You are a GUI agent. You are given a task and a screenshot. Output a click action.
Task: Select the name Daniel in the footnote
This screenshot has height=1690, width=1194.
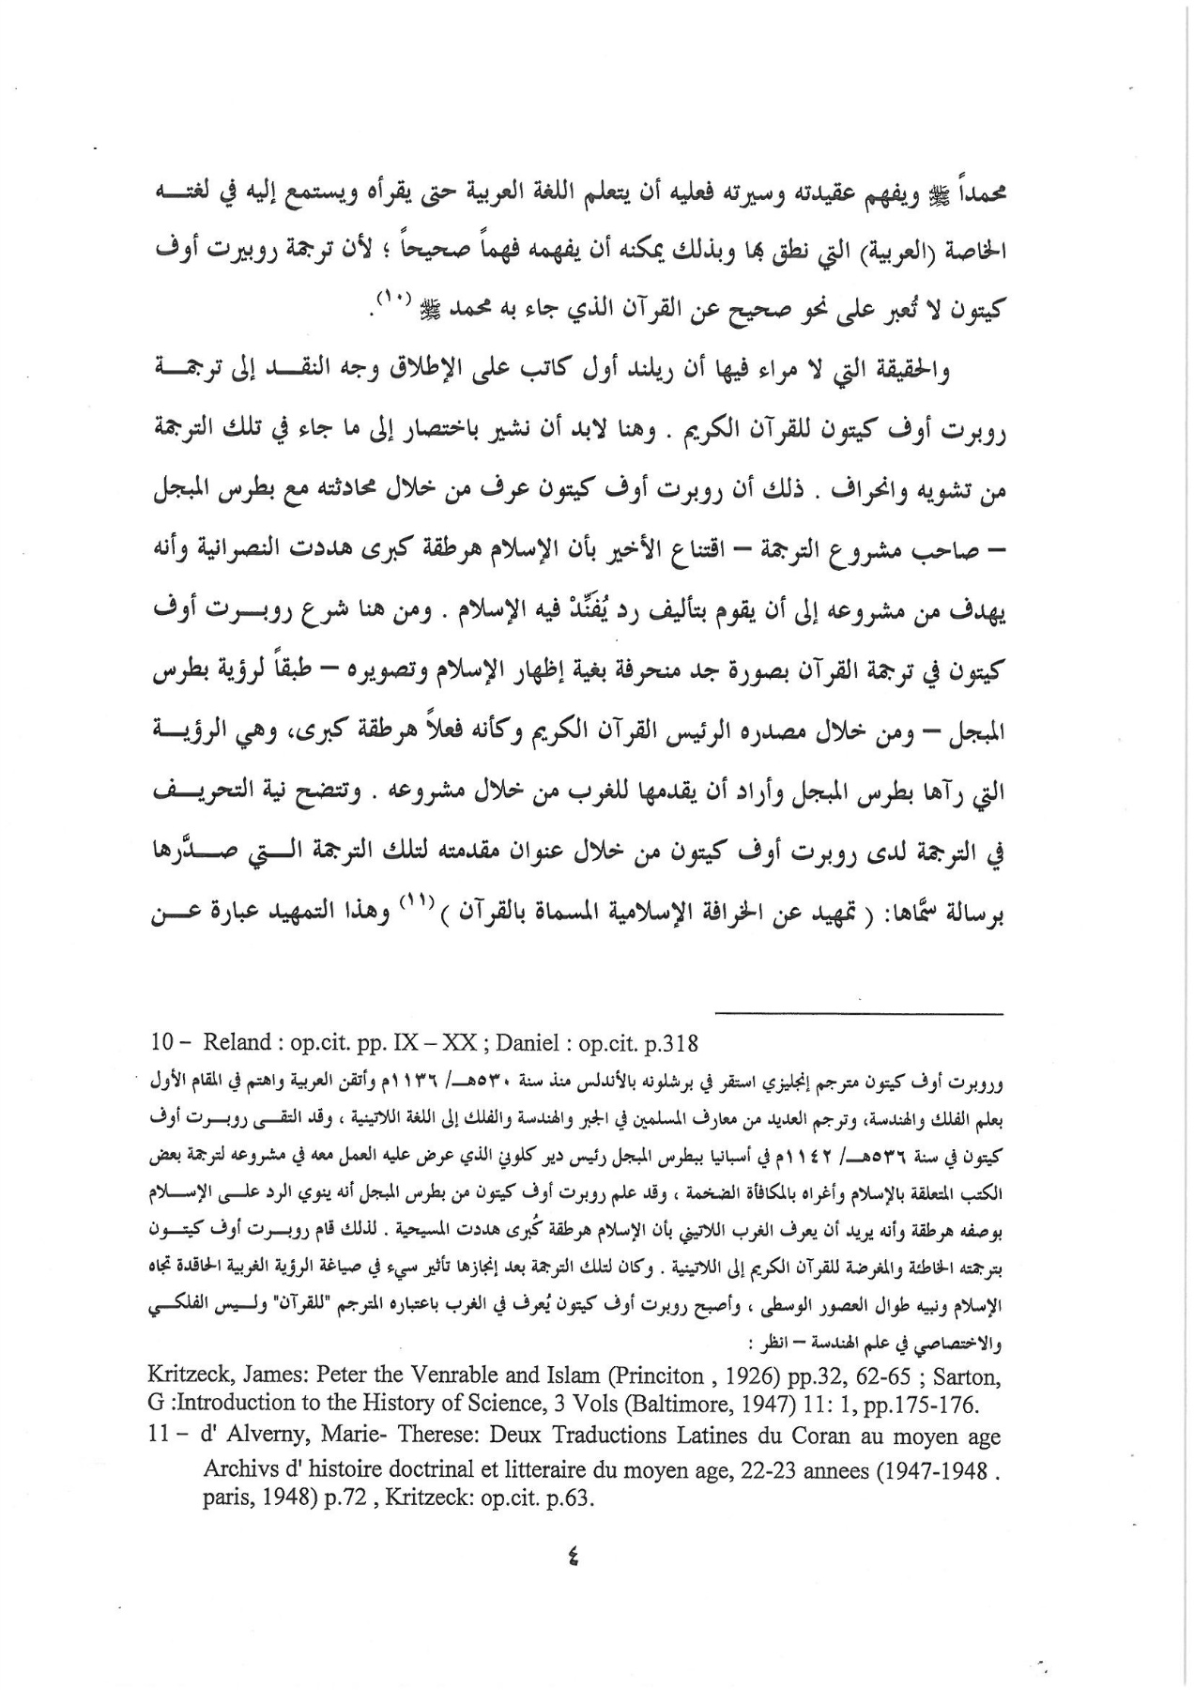(x=524, y=1043)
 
